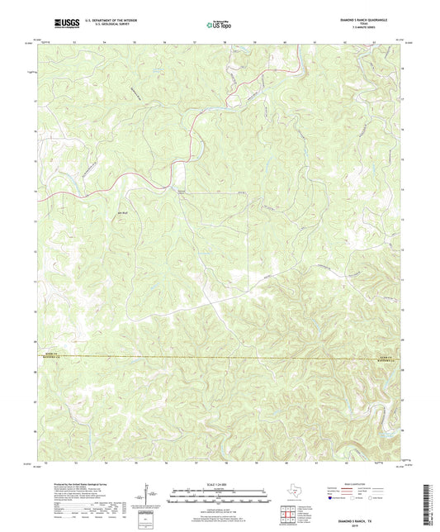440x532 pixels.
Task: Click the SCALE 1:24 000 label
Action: click(219, 484)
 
